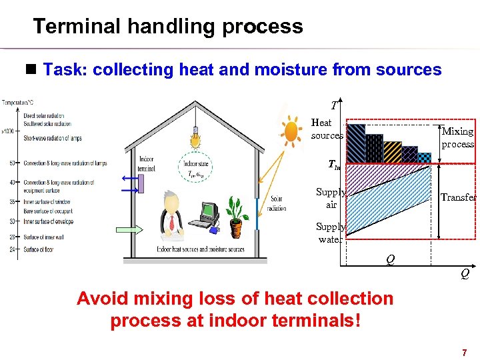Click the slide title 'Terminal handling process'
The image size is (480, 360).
(x=168, y=27)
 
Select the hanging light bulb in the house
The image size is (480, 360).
(x=195, y=137)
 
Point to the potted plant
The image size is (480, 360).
(x=235, y=217)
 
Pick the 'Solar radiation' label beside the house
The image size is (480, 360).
(x=276, y=203)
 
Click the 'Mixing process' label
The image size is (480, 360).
(x=458, y=138)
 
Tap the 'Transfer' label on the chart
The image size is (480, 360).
(x=459, y=197)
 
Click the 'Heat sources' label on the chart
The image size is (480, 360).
(x=327, y=129)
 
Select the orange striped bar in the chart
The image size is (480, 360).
(x=392, y=151)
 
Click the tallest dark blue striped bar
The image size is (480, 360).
(x=357, y=143)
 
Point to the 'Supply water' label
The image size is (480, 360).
(x=330, y=233)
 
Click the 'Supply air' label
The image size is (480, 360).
(x=331, y=198)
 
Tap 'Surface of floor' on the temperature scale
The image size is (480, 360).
(x=39, y=250)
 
